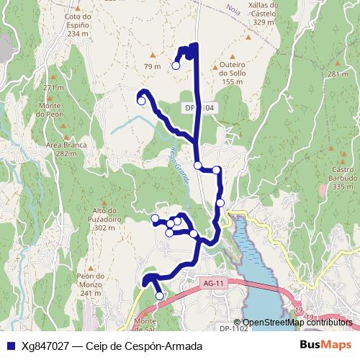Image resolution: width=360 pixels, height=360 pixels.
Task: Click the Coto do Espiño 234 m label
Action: tap(77, 24)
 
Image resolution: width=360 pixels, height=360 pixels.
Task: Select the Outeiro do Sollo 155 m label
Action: tap(232, 73)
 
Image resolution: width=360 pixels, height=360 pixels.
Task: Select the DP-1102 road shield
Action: tap(234, 328)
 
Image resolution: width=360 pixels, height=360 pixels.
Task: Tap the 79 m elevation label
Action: tap(152, 66)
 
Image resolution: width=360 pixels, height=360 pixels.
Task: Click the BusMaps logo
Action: tap(325, 346)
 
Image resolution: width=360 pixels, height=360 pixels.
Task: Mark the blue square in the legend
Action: tap(9, 346)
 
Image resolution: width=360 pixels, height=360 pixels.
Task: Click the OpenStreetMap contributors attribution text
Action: tap(297, 323)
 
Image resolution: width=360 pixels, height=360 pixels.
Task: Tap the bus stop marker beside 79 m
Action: tap(176, 66)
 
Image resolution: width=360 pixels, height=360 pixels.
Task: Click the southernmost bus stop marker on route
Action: tap(159, 295)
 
